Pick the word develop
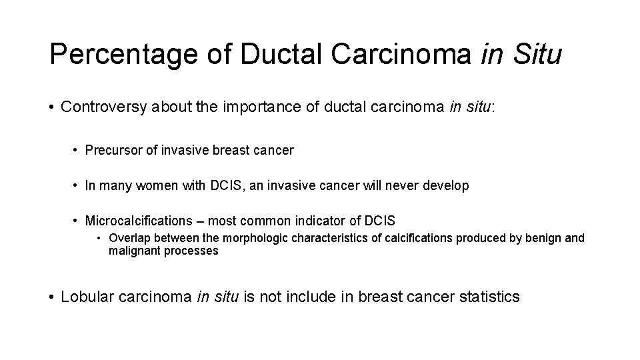pos(447,186)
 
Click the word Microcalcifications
pos(137,221)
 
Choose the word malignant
pos(132,251)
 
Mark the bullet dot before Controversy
pos(51,107)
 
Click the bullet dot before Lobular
pos(51,297)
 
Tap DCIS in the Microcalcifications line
pos(381,221)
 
